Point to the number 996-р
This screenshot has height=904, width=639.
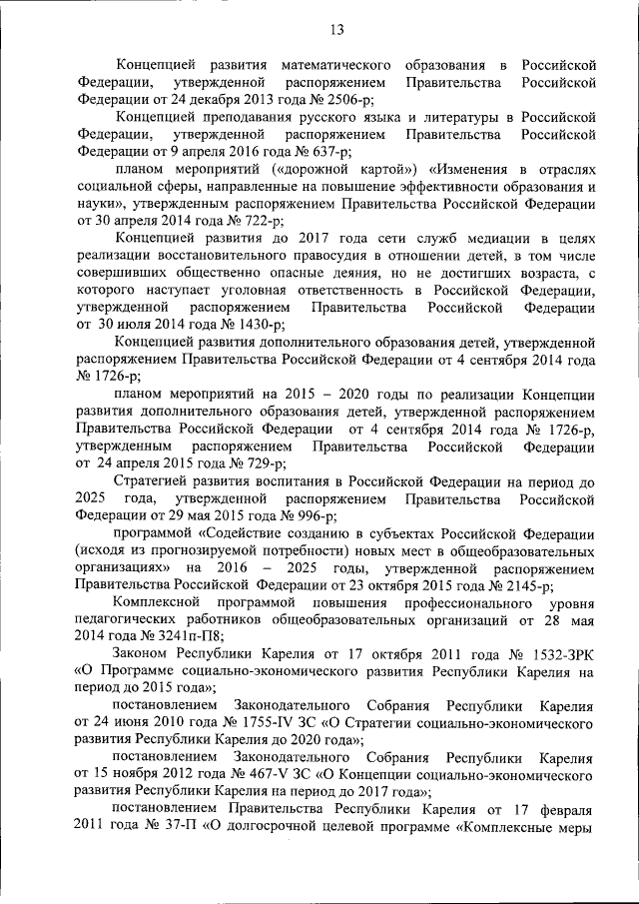click(309, 515)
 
